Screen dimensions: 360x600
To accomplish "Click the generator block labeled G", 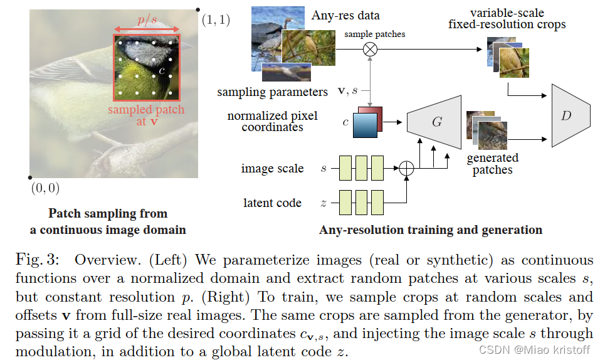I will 436,122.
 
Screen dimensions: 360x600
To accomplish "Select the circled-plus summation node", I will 408,168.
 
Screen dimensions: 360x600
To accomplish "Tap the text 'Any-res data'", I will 345,16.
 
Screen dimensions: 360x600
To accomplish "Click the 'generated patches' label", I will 493,164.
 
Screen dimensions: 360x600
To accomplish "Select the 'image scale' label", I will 272,168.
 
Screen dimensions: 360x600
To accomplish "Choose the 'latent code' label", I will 272,203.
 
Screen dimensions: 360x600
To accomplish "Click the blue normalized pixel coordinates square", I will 365,124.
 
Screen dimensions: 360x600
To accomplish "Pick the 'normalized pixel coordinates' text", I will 272,121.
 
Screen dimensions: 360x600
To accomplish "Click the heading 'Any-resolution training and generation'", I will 431,230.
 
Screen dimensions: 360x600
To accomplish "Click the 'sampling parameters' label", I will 272,92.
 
